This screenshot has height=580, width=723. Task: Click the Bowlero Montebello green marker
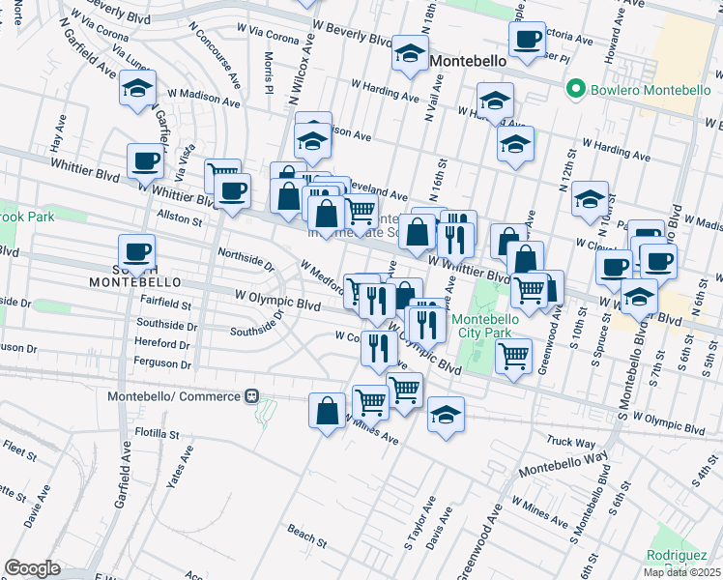click(577, 89)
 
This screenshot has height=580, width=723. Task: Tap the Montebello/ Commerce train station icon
click(251, 396)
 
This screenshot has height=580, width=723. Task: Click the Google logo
click(32, 568)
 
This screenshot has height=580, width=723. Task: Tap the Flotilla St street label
click(159, 434)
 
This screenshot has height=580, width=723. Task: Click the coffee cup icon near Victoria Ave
click(527, 40)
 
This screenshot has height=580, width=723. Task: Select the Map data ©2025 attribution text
click(681, 572)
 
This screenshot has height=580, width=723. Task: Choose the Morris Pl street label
click(270, 73)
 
